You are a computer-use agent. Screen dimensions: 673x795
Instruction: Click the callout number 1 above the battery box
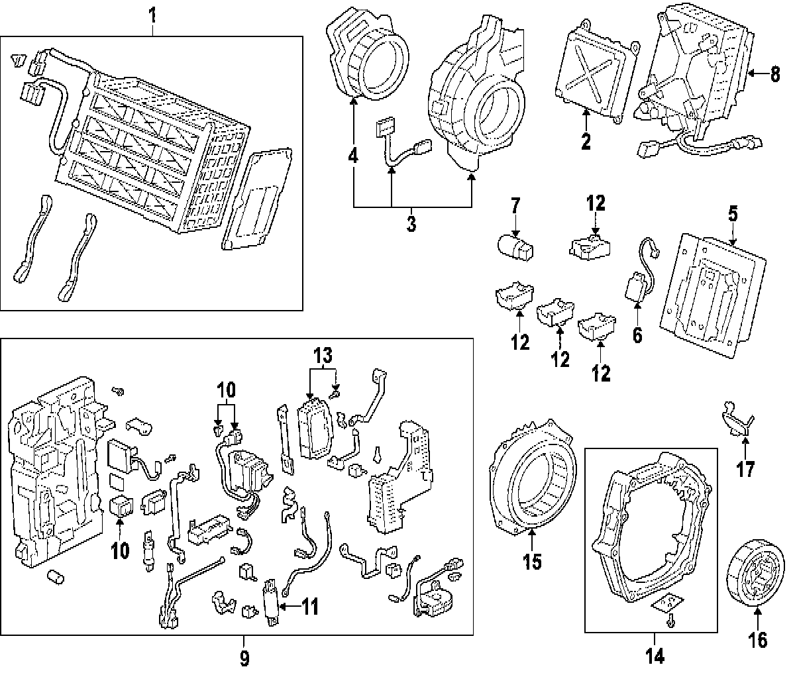(153, 13)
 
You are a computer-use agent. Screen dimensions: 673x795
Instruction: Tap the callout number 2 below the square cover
(586, 141)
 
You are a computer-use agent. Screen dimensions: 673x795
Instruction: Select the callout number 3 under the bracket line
(411, 224)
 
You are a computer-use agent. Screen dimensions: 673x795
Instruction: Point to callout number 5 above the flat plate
(733, 214)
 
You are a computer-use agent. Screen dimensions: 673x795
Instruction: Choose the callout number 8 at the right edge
(775, 74)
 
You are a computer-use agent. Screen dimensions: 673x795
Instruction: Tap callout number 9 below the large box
(244, 658)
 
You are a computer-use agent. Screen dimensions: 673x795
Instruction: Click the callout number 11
(309, 605)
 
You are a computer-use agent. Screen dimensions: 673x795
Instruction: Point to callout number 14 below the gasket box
(654, 656)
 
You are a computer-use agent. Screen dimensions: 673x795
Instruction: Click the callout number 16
(758, 639)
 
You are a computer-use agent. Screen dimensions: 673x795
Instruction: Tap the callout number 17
(745, 470)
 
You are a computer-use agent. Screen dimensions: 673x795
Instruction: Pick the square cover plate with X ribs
(592, 71)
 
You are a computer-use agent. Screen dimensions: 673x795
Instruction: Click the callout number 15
(532, 561)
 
